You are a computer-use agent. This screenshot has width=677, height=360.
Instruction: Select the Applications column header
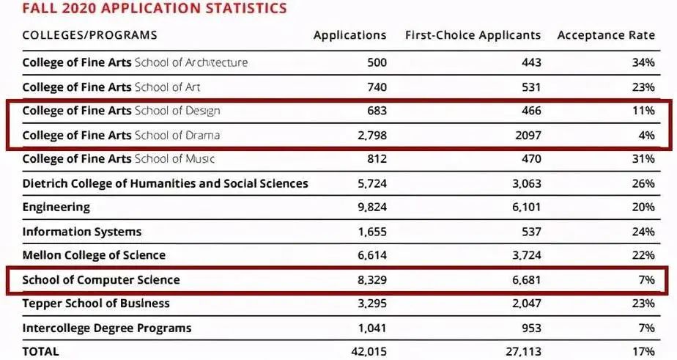point(349,35)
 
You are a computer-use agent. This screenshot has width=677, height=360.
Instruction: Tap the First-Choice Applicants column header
point(473,35)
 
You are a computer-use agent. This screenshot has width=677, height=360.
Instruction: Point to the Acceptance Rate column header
point(605,35)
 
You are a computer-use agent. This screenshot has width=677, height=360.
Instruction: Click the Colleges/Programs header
point(89,35)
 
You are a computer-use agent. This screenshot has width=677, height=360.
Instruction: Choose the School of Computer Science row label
point(101,280)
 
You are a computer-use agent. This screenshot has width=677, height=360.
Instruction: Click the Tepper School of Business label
point(96,304)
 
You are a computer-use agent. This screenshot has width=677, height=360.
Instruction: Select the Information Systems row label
point(82,232)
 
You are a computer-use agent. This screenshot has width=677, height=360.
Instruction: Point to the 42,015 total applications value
point(368,352)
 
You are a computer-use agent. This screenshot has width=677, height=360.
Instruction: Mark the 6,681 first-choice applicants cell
point(526,280)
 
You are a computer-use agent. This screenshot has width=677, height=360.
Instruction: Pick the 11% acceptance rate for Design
point(643,111)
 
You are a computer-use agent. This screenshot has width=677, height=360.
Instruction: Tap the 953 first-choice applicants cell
point(530,328)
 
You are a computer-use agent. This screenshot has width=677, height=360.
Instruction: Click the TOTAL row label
point(41,352)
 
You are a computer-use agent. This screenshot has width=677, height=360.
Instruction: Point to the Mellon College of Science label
point(94,256)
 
